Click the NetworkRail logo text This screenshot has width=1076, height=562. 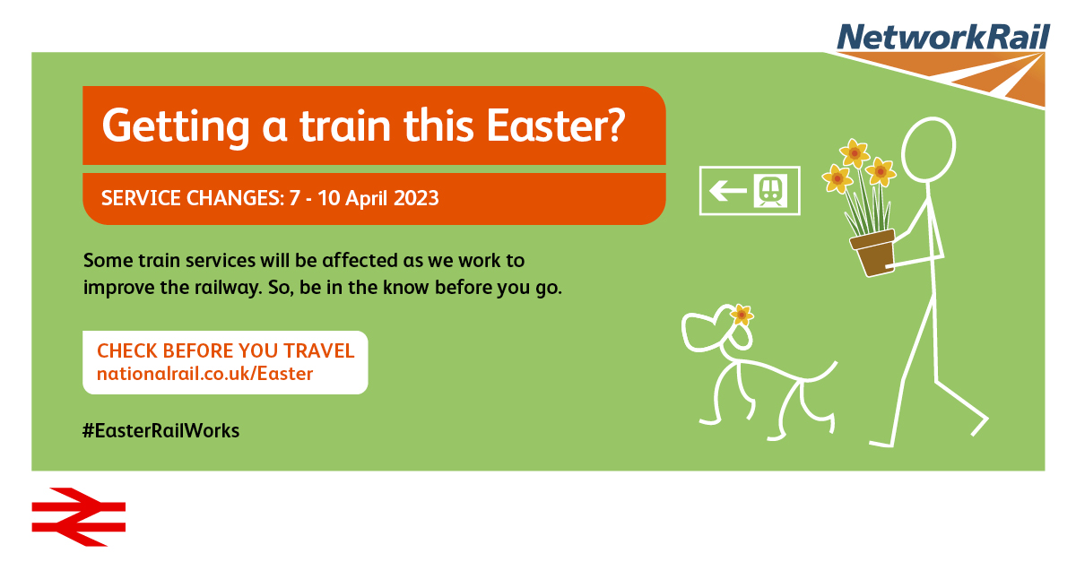click(943, 37)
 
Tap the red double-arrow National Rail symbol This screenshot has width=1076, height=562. click(79, 517)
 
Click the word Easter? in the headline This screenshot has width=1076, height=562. click(556, 125)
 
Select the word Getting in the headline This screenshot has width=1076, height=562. click(176, 127)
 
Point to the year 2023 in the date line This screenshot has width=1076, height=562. click(416, 198)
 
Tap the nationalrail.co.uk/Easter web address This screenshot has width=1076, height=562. click(205, 374)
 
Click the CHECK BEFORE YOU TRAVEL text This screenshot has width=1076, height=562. click(226, 351)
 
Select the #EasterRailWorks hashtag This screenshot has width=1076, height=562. click(161, 430)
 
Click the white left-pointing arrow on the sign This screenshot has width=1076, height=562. click(728, 191)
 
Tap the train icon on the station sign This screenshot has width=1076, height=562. click(770, 191)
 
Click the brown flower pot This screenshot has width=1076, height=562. click(872, 253)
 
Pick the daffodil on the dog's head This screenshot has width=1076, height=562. click(742, 316)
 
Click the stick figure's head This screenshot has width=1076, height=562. click(929, 150)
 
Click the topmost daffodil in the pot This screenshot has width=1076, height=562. click(855, 153)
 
